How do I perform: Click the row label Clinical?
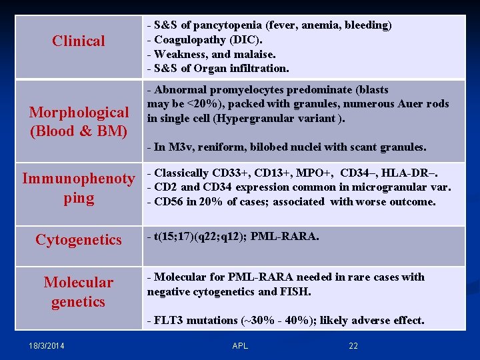(x=79, y=41)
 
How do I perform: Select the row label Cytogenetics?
(x=79, y=239)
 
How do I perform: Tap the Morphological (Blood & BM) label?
(x=79, y=121)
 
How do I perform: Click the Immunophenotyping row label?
(x=79, y=188)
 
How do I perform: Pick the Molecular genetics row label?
(x=79, y=292)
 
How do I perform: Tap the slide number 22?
(x=353, y=345)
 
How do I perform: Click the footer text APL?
(x=240, y=345)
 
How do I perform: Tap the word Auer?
(x=413, y=103)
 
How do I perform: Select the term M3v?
(x=178, y=147)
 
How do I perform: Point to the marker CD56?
(x=168, y=201)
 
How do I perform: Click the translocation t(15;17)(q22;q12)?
(x=200, y=236)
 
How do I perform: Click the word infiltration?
(x=257, y=68)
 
